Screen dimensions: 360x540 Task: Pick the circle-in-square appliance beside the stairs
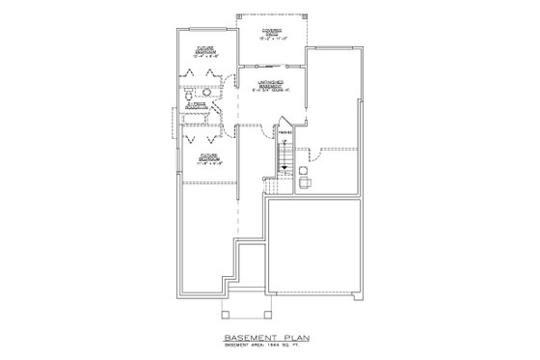point(304,171)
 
